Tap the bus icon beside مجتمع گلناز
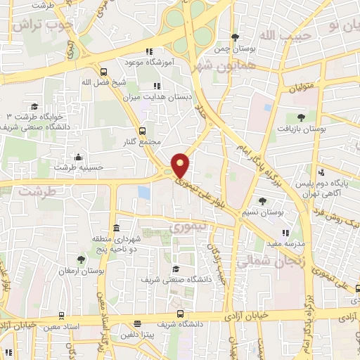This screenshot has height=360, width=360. coord(143,131)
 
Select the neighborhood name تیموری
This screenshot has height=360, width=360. coord(186,227)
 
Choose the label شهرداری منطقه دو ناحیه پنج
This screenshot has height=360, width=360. coord(117,243)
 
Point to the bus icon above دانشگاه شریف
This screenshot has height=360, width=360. coord(181,314)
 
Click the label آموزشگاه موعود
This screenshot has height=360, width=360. coord(172,62)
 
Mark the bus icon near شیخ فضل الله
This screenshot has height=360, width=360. coord(104,72)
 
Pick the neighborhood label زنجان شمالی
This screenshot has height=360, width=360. coord(262,261)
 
